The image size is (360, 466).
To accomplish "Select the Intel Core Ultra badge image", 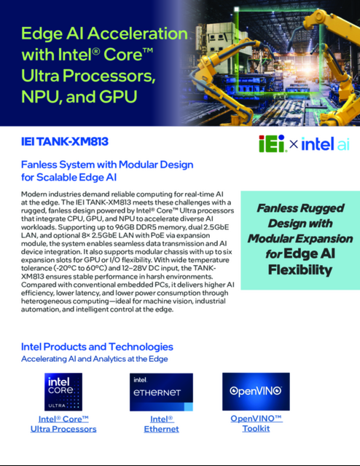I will pos(63,391).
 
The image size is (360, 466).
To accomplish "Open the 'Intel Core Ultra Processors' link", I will pos(63,424).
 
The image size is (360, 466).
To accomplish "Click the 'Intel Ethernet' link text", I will pos(162,424).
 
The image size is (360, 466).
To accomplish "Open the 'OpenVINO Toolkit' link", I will pos(256,424).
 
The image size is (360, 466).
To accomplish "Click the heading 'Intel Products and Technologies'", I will pos(98,347).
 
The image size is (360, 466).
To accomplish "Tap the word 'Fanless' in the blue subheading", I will pos(44,165).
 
